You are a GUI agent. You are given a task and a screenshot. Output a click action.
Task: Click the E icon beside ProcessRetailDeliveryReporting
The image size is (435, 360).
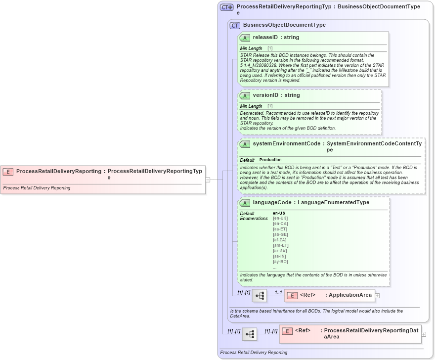tap(8, 172)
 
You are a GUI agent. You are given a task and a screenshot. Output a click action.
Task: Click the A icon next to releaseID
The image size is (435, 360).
tap(245, 38)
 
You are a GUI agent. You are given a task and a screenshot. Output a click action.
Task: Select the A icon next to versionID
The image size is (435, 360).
tap(245, 95)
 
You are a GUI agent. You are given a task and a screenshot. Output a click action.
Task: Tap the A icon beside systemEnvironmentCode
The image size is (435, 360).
tap(245, 144)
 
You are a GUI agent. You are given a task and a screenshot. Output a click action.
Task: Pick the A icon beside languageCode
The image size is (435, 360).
tap(245, 203)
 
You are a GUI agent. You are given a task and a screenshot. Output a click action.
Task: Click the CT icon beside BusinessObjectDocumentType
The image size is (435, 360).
tap(235, 25)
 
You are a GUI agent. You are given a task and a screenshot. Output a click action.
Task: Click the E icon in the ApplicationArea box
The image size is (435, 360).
tap(292, 295)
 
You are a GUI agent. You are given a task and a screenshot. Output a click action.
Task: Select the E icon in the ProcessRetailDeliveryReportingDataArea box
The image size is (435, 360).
tap(287, 331)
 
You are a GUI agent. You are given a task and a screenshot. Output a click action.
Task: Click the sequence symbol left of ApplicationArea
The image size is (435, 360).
tap(260, 296)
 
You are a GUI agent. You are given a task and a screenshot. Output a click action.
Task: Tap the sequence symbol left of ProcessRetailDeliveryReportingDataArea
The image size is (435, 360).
tap(250, 334)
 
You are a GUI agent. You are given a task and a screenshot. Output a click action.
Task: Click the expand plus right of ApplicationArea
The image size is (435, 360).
tap(377, 296)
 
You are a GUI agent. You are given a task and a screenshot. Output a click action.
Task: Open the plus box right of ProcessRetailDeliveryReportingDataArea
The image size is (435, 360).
tap(423, 334)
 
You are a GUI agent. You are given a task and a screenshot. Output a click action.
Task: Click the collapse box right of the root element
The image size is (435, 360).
tap(208, 180)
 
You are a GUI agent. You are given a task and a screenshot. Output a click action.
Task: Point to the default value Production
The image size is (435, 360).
tap(270, 160)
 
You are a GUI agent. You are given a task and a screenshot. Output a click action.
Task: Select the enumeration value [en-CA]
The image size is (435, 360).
tap(280, 224)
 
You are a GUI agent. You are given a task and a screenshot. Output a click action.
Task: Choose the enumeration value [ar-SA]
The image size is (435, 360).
tap(280, 251)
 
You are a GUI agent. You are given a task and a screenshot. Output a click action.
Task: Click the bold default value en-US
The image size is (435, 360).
tap(279, 213)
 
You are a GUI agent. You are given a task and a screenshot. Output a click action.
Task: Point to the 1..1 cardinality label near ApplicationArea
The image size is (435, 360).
tap(278, 293)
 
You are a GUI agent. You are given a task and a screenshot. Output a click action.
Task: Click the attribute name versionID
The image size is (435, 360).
tap(265, 95)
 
